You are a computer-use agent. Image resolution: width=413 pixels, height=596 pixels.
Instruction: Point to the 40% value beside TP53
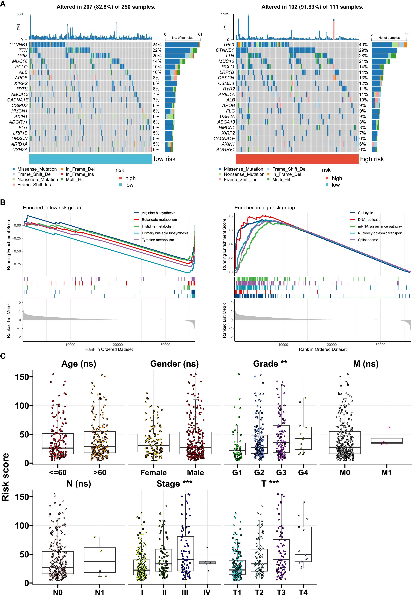click(363, 45)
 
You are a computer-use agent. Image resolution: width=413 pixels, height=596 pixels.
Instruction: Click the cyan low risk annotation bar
click(91, 159)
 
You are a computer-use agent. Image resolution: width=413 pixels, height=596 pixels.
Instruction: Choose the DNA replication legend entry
click(370, 219)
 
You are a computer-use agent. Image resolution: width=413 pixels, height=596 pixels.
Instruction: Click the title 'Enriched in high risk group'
click(264, 208)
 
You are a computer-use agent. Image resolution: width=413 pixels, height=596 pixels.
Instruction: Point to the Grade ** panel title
click(270, 364)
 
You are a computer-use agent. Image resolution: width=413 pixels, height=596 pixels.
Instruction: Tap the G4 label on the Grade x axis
click(303, 472)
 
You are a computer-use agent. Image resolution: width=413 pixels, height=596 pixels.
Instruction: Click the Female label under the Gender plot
click(153, 472)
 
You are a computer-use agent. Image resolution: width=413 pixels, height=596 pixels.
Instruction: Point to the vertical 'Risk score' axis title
click(5, 477)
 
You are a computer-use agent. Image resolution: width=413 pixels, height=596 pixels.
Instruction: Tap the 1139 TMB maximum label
click(225, 14)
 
